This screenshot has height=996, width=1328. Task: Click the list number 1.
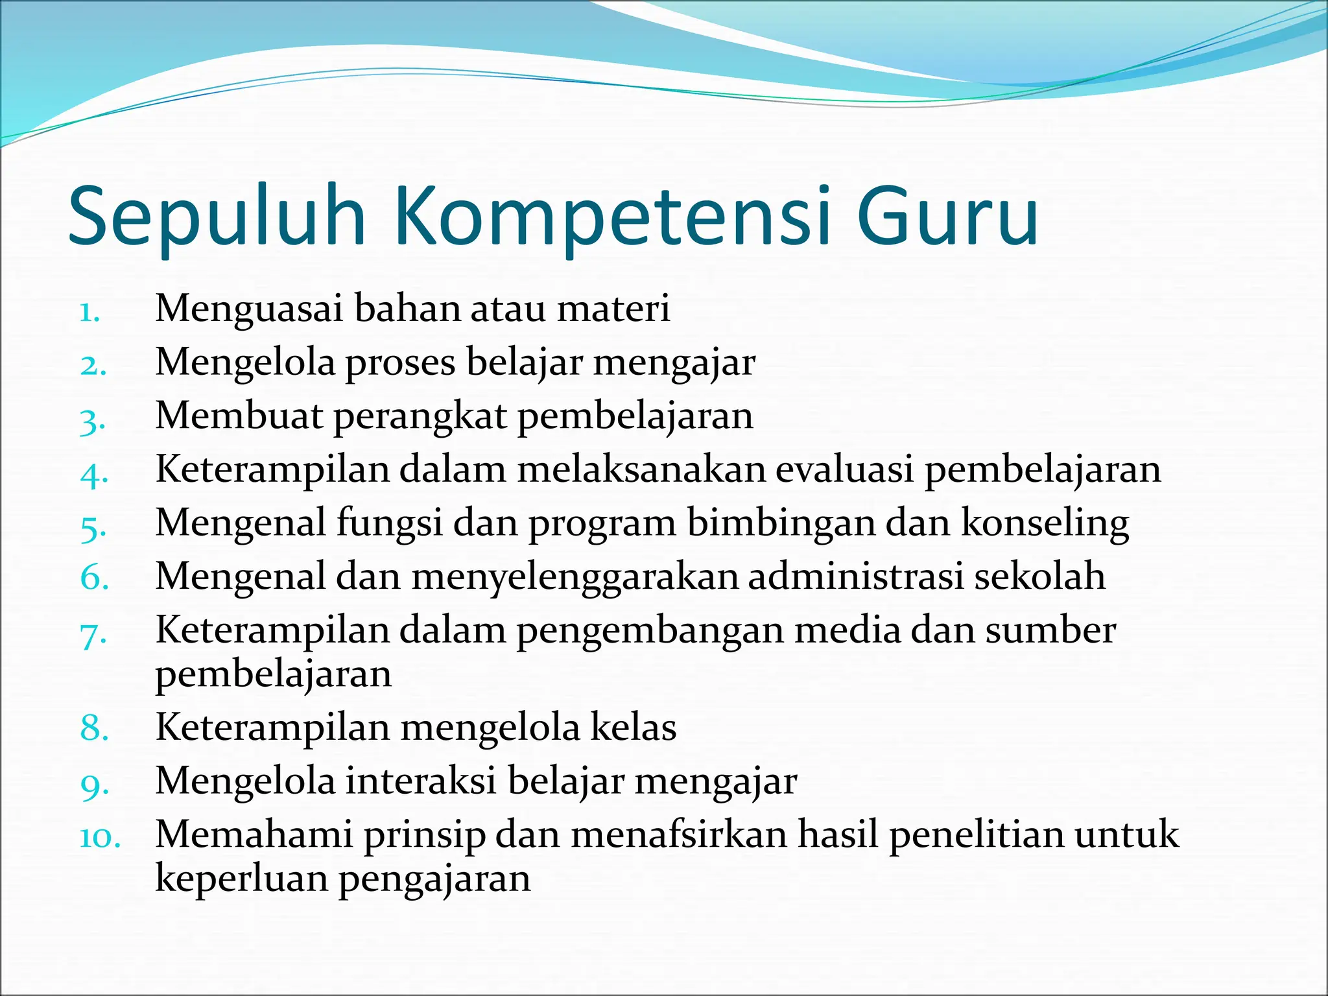pyautogui.click(x=89, y=313)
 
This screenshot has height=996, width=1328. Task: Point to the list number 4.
pyautogui.click(x=93, y=474)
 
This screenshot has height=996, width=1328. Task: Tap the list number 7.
pyautogui.click(x=93, y=635)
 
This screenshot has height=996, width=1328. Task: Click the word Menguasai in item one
pyautogui.click(x=249, y=308)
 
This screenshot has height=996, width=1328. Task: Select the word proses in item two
pyautogui.click(x=401, y=363)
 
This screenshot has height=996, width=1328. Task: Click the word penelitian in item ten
pyautogui.click(x=977, y=835)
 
